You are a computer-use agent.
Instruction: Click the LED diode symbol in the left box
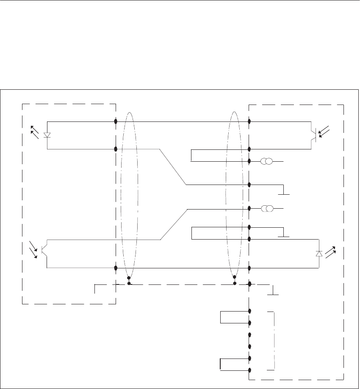(47, 135)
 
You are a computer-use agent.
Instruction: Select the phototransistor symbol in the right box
(313, 133)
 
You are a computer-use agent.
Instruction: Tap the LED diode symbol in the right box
(318, 254)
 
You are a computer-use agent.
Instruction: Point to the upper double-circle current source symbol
(266, 161)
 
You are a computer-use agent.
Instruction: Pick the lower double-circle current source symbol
(266, 209)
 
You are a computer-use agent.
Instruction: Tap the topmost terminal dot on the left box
(116, 121)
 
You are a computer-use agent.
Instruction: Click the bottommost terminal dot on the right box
(249, 371)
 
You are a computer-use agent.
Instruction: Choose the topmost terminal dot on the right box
(249, 121)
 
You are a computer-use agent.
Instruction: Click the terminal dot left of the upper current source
(249, 161)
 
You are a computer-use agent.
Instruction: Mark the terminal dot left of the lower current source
(249, 209)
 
